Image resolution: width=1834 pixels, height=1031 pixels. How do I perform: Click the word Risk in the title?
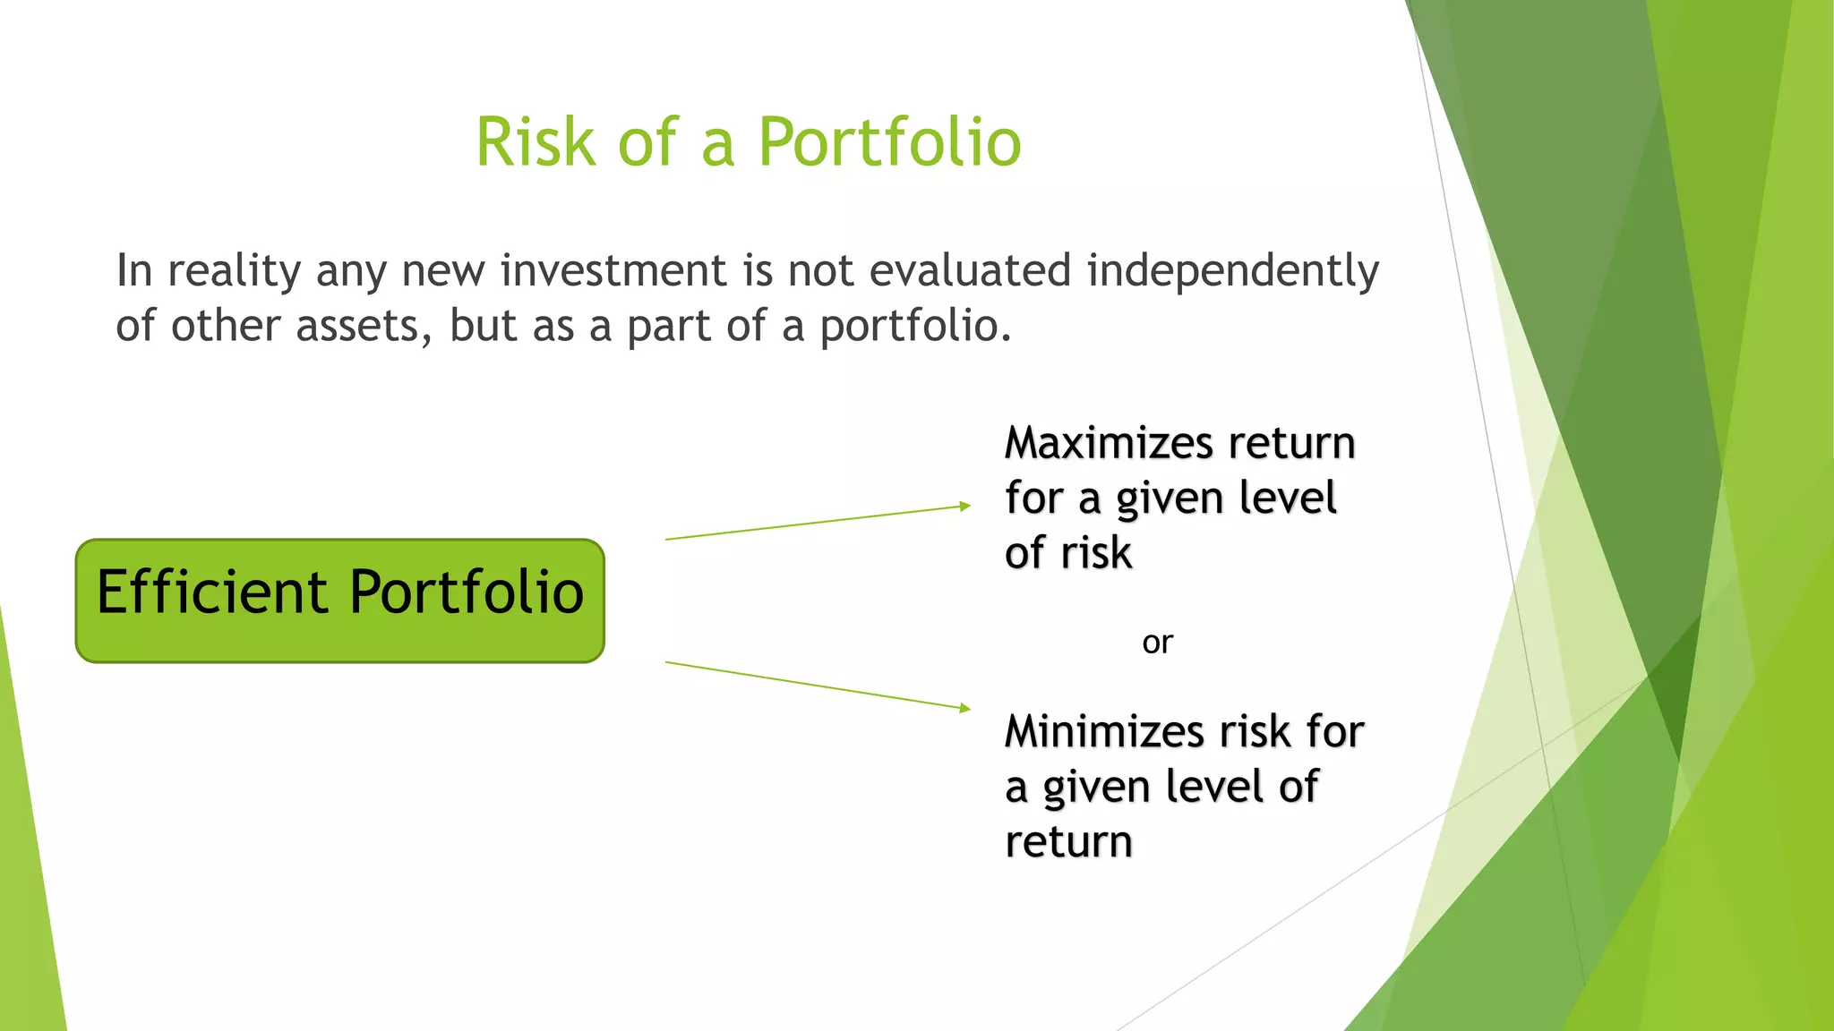(x=535, y=143)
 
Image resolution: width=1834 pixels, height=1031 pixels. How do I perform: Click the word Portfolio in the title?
(x=889, y=143)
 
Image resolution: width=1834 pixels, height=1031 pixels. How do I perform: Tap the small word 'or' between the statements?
(x=1157, y=643)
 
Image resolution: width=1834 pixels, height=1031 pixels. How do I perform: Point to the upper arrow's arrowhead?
(x=965, y=507)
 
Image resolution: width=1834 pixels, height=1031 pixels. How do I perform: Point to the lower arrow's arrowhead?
(x=965, y=708)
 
